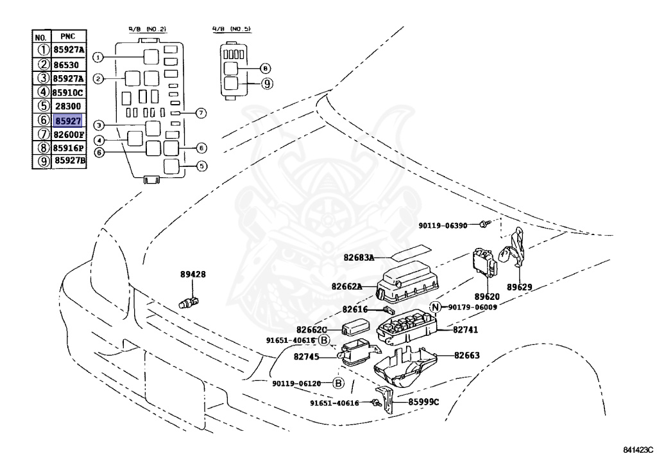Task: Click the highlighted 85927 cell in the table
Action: click(x=68, y=121)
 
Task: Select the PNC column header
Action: click(x=67, y=37)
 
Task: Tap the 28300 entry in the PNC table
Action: click(x=68, y=107)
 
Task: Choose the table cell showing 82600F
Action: click(x=69, y=135)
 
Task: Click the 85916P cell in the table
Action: click(x=69, y=148)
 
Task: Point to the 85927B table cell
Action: click(x=70, y=161)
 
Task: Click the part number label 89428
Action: click(x=193, y=275)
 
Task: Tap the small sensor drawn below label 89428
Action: click(x=189, y=302)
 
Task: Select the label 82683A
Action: click(x=359, y=258)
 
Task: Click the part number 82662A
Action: click(x=346, y=286)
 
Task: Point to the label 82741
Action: click(x=466, y=329)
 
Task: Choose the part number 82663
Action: click(x=467, y=356)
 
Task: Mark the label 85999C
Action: click(x=424, y=402)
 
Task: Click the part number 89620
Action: click(x=487, y=297)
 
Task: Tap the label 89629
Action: click(x=519, y=287)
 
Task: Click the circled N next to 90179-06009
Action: click(x=436, y=308)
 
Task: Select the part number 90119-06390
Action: click(x=443, y=225)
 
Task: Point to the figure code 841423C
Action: click(x=638, y=450)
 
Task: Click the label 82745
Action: click(x=306, y=357)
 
